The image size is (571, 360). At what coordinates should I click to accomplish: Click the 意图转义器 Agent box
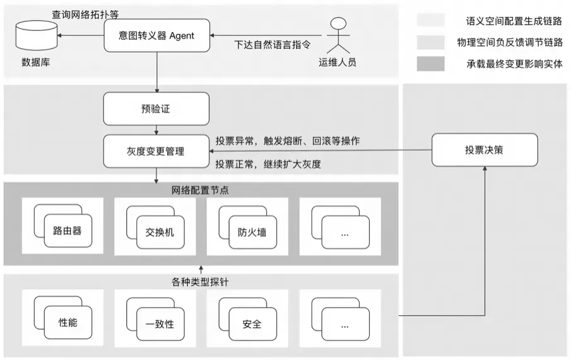[x=156, y=35]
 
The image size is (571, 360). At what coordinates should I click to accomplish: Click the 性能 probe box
[x=68, y=323]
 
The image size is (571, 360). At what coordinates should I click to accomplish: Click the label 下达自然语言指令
[x=272, y=45]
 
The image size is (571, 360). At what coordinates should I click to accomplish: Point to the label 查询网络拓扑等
[x=85, y=13]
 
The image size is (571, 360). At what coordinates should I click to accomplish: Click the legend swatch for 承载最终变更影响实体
[x=430, y=64]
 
